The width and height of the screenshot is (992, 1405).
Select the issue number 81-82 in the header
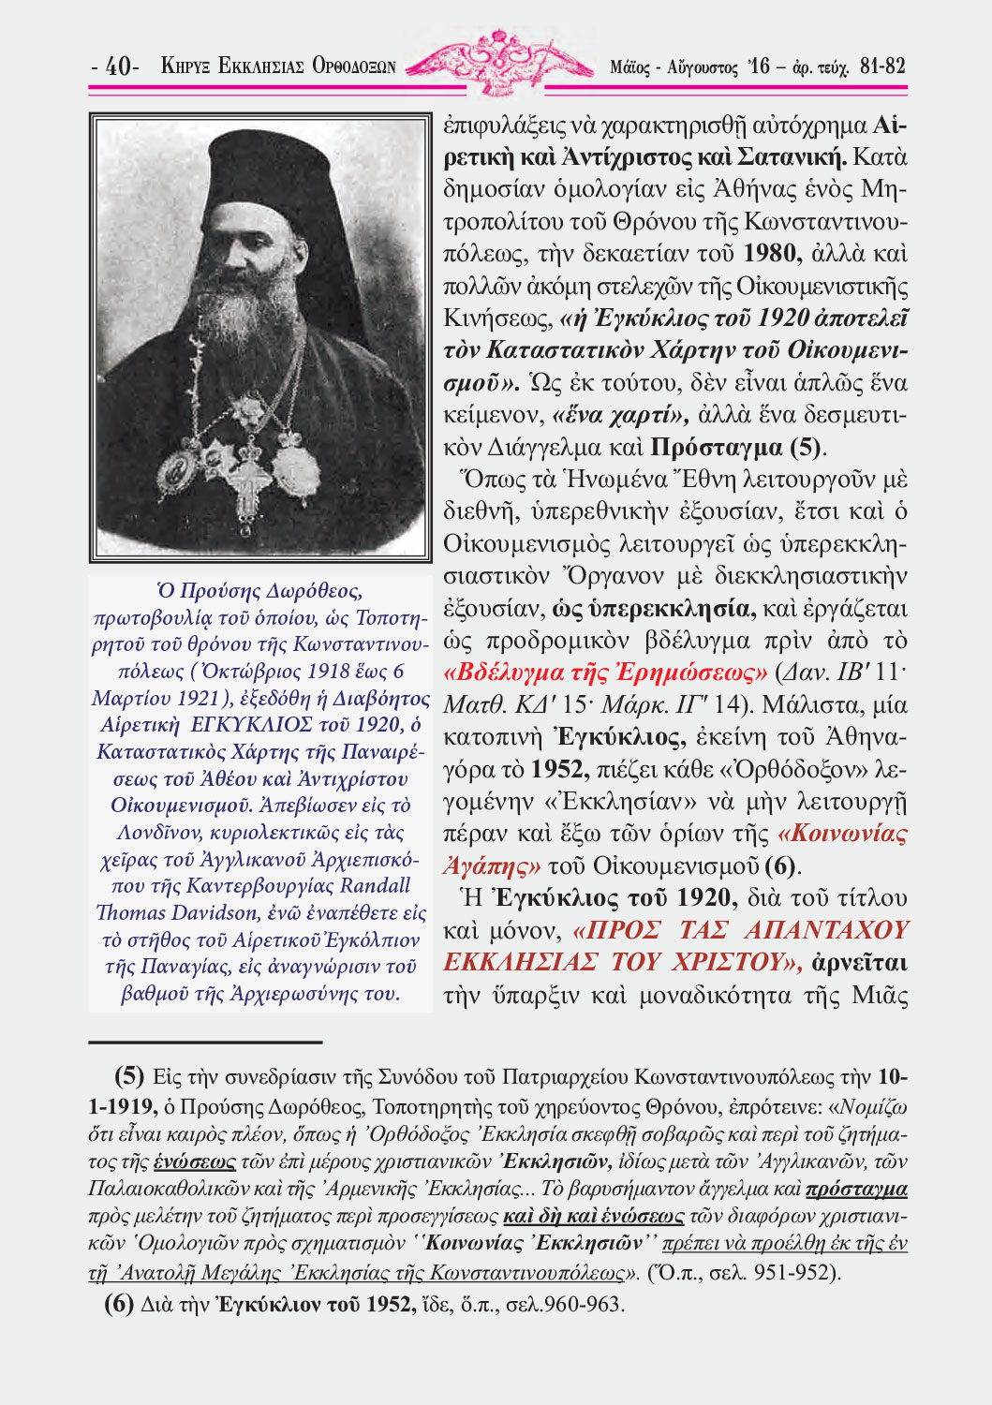881,67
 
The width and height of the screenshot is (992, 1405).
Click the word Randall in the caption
374,885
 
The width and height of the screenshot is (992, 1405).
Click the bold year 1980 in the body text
771,254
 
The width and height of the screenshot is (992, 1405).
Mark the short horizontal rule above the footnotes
205,1041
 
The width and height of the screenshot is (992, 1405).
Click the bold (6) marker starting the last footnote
118,1303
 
